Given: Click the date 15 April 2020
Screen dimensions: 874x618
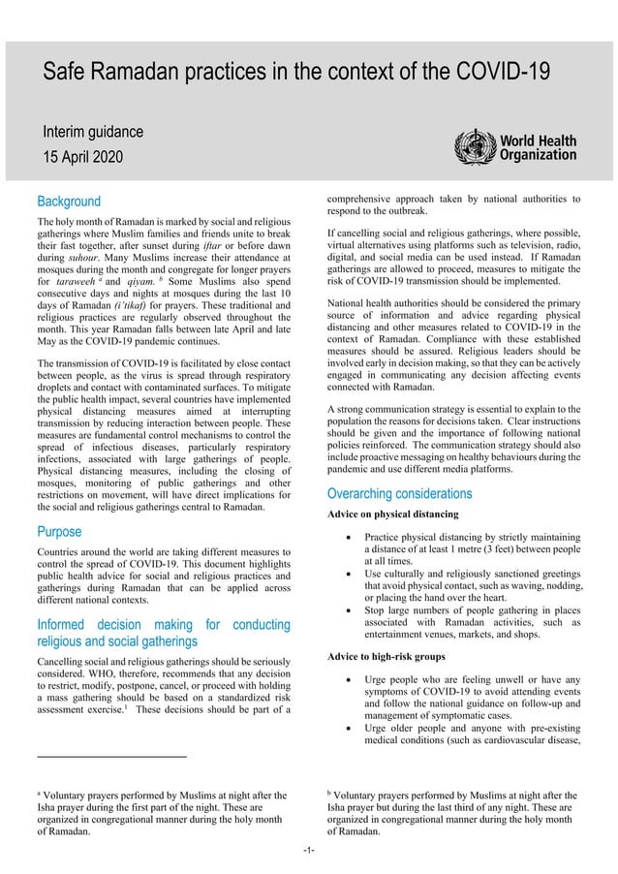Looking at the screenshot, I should click(x=83, y=157).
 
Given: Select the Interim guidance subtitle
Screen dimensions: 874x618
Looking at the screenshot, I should click(x=92, y=131).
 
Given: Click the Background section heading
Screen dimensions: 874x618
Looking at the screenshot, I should click(x=68, y=202).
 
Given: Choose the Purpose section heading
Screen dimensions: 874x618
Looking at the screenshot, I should click(x=59, y=531).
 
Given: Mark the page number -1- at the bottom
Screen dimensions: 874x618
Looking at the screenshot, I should click(x=309, y=852).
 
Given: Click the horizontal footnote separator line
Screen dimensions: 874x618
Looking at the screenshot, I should click(x=111, y=756).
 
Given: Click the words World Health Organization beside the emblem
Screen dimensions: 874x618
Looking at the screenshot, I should click(x=538, y=147).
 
